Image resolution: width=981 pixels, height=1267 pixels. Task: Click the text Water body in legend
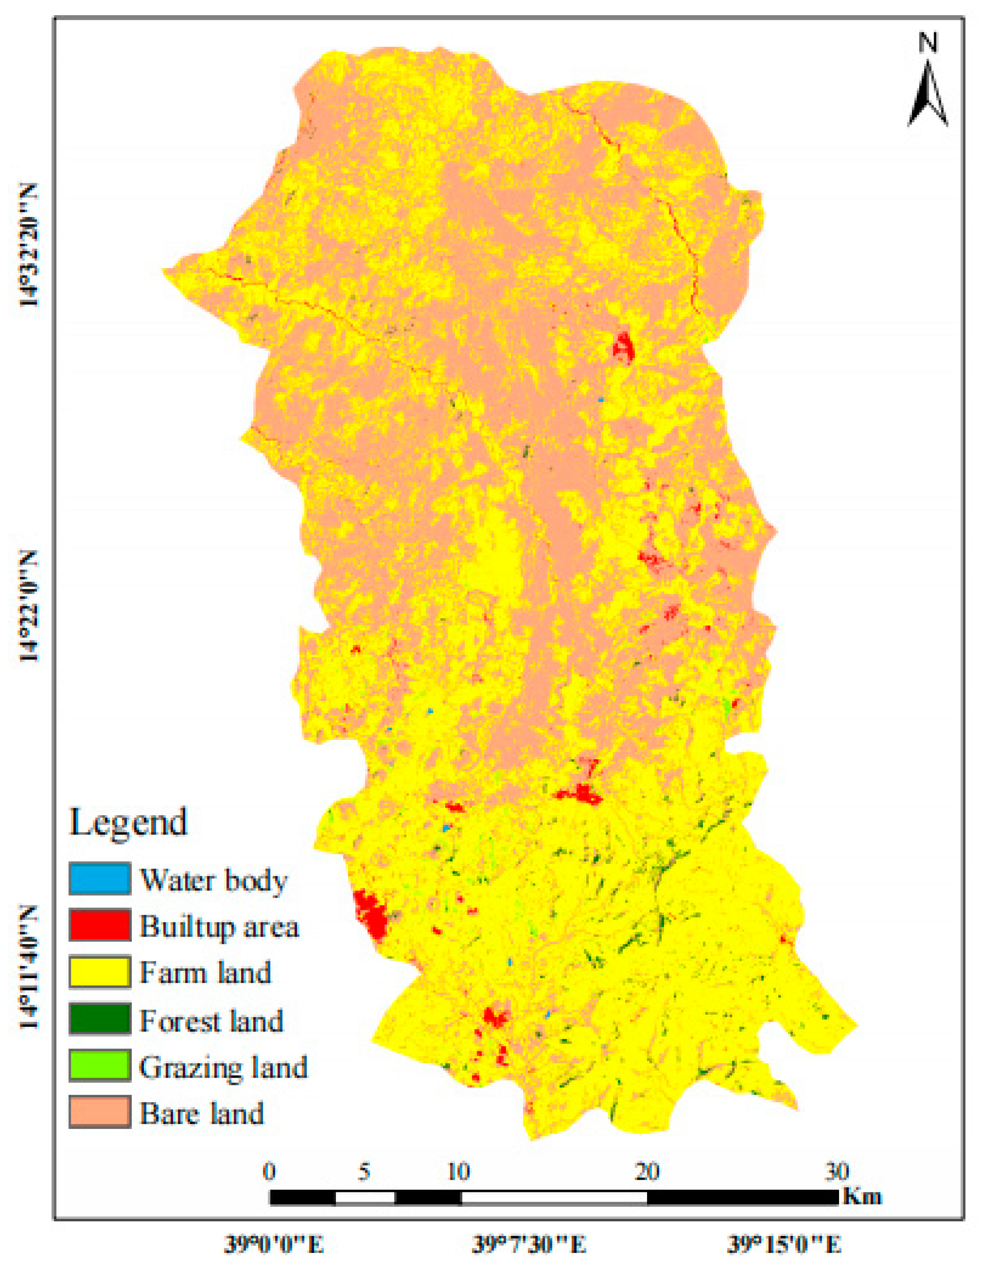pos(213,880)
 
